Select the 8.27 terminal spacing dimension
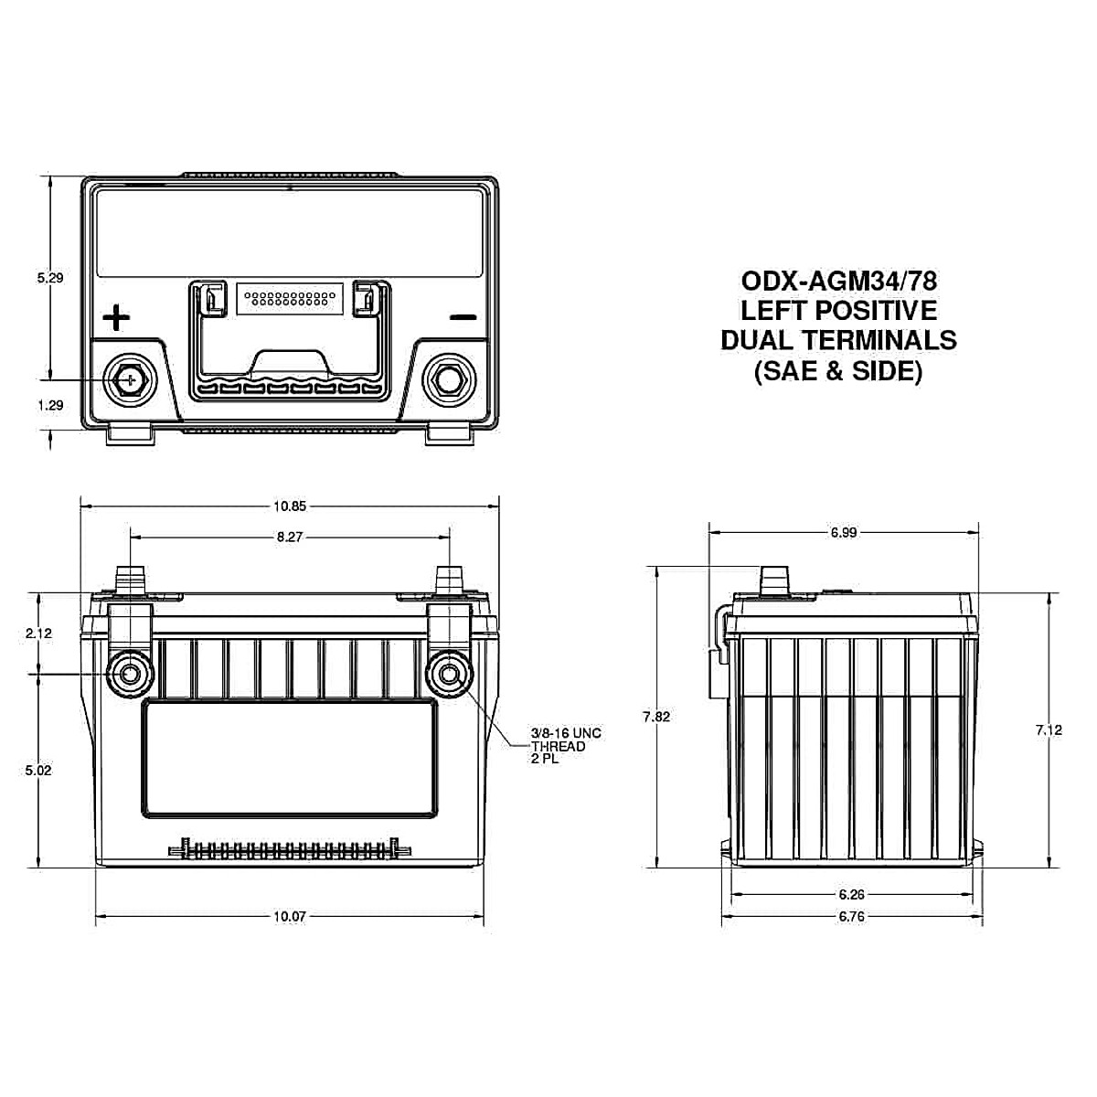[289, 538]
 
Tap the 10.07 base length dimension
[289, 916]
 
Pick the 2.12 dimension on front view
[39, 633]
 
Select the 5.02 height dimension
[39, 770]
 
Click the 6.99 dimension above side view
[843, 532]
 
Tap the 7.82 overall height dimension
[656, 717]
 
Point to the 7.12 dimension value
[1049, 730]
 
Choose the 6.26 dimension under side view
[851, 894]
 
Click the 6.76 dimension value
[851, 916]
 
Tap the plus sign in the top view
[116, 318]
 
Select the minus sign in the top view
[463, 318]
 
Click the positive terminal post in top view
[129, 378]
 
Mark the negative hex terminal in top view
[448, 378]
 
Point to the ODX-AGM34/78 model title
[838, 279]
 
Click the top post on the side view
[774, 580]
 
